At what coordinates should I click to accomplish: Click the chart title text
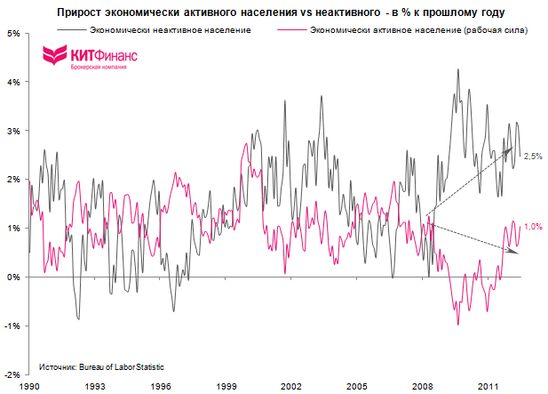[282, 13]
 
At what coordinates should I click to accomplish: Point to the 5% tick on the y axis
[15, 33]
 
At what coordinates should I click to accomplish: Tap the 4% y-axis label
[15, 82]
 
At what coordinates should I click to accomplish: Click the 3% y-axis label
[15, 131]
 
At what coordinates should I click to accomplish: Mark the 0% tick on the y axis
[15, 277]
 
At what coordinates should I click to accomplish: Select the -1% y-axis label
[13, 326]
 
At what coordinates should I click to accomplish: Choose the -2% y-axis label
[13, 374]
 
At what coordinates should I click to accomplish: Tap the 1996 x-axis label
[161, 387]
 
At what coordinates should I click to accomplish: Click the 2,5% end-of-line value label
[533, 157]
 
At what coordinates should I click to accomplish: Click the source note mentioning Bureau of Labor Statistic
[101, 366]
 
